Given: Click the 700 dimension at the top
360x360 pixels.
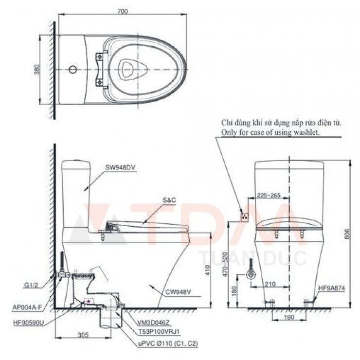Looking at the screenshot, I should (122, 11).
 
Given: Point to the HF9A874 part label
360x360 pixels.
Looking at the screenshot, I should (332, 288).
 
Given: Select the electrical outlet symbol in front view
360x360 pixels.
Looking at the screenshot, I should (245, 214).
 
